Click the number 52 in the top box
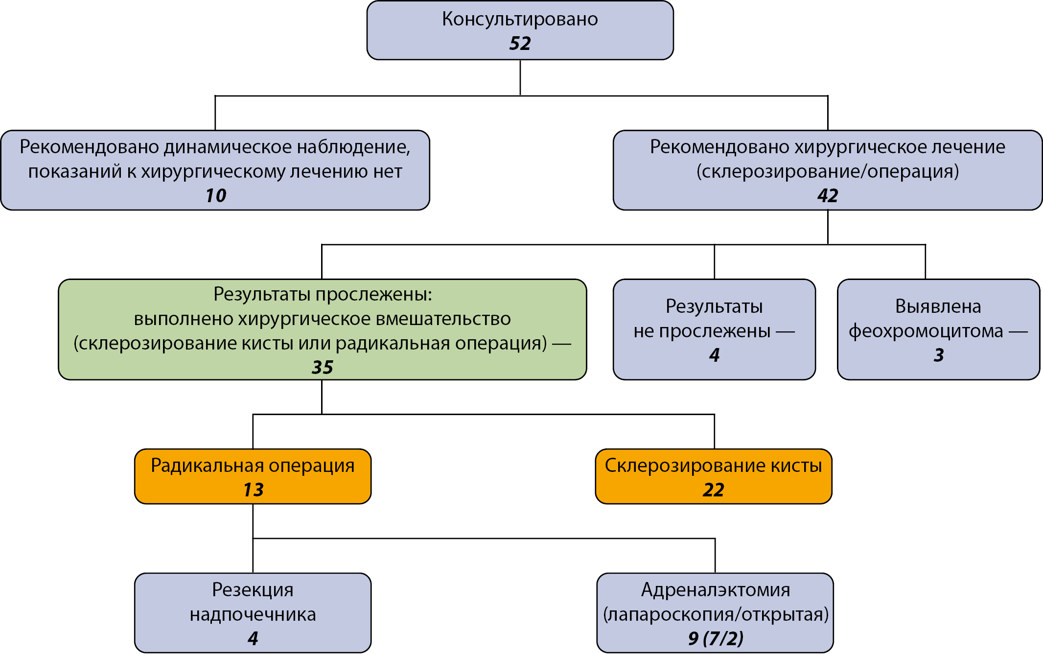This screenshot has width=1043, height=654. click(x=520, y=44)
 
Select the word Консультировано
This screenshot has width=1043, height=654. click(x=520, y=19)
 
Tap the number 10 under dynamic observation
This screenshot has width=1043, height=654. click(x=215, y=196)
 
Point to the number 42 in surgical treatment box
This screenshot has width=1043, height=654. click(x=828, y=196)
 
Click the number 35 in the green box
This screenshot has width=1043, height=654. click(x=323, y=367)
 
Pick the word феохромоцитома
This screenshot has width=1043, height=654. click(x=926, y=332)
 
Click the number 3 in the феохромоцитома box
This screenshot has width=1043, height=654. click(x=939, y=355)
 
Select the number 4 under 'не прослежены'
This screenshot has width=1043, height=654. click(x=715, y=355)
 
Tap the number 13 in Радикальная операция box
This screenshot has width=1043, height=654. click(x=253, y=490)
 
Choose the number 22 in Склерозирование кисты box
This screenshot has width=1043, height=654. click(x=714, y=490)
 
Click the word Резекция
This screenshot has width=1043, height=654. click(x=253, y=590)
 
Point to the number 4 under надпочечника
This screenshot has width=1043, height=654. click(x=253, y=638)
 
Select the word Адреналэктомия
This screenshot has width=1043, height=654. click(x=716, y=590)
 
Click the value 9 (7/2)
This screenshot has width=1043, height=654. click(x=716, y=638)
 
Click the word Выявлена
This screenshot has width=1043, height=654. click(x=938, y=306)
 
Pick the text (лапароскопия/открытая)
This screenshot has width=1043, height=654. click(x=716, y=614)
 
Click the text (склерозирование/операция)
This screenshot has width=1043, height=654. click(x=828, y=172)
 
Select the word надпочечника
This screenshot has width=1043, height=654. click(x=253, y=615)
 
